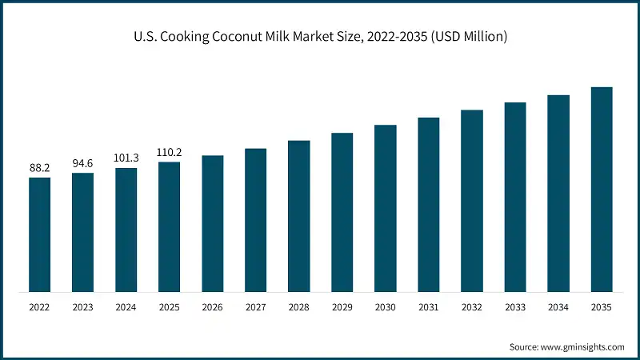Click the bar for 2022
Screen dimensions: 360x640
point(40,234)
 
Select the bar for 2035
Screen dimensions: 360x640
point(602,189)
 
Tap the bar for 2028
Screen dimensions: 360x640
point(299,216)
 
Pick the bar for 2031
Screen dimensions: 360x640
point(429,204)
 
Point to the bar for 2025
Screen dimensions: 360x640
point(170,226)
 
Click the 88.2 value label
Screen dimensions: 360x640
point(40,168)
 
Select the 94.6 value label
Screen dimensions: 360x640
point(83,163)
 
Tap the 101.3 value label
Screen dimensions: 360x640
point(126,158)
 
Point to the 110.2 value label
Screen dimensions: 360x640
point(170,152)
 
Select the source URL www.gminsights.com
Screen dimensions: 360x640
point(582,346)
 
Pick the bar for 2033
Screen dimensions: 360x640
point(515,197)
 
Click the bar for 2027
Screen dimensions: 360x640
point(256,220)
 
